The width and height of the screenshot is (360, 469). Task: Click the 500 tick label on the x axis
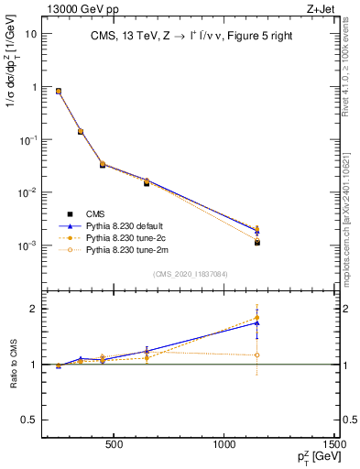(x=115, y=449)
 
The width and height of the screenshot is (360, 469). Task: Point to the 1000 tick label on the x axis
(x=225, y=449)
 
